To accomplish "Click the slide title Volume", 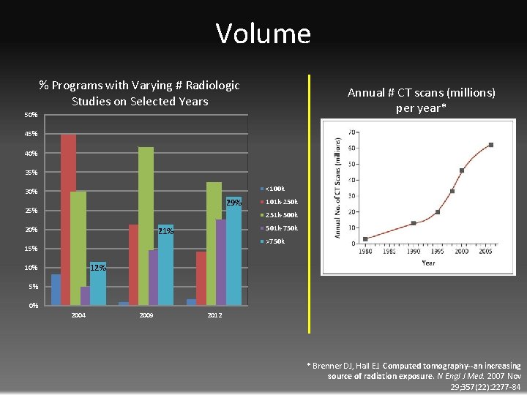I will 263,34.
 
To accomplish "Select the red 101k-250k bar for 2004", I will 68,219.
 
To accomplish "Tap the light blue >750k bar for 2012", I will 233,252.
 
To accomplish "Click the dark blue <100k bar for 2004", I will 56,289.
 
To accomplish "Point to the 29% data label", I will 233,203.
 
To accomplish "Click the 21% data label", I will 165,232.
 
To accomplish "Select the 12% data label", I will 98,268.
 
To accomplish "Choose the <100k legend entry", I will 274,189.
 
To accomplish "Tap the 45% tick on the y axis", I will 30,135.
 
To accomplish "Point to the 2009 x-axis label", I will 146,315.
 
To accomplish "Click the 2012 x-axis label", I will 214,315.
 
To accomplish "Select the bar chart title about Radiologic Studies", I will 139,93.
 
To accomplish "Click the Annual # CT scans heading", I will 421,100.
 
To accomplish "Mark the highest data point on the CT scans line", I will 490,145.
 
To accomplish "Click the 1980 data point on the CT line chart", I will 365,238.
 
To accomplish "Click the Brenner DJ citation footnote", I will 414,376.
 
